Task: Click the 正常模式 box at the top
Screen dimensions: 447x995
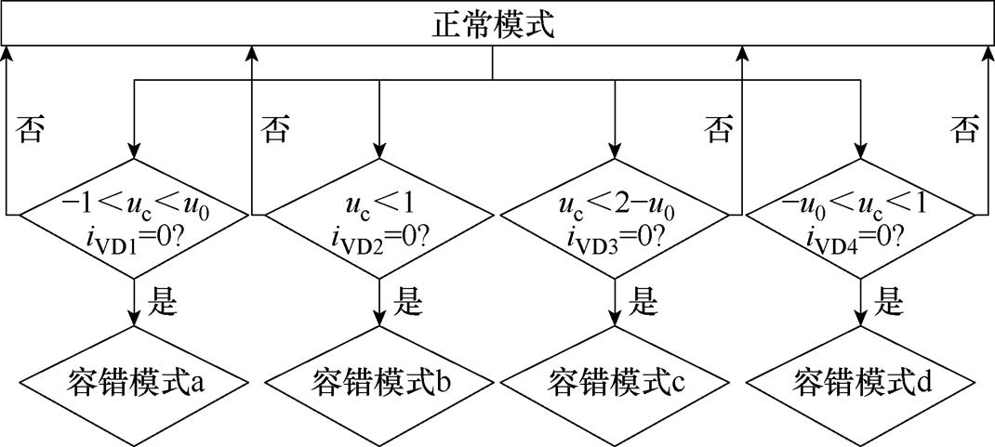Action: (497, 24)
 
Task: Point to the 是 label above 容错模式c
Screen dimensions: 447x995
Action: (643, 300)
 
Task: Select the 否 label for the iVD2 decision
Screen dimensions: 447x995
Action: (276, 129)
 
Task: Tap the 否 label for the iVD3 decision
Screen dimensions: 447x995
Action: (719, 129)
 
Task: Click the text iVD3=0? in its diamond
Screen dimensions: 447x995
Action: (616, 235)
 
